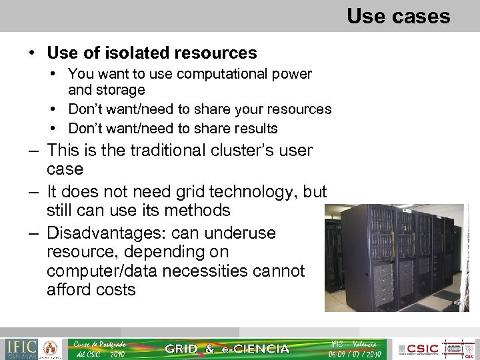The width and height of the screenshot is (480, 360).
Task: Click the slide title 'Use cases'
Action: [398, 16]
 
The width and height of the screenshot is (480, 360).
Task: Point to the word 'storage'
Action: [120, 90]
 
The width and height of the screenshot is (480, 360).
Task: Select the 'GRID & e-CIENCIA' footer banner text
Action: [227, 349]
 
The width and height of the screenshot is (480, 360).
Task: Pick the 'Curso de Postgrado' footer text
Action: [100, 344]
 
